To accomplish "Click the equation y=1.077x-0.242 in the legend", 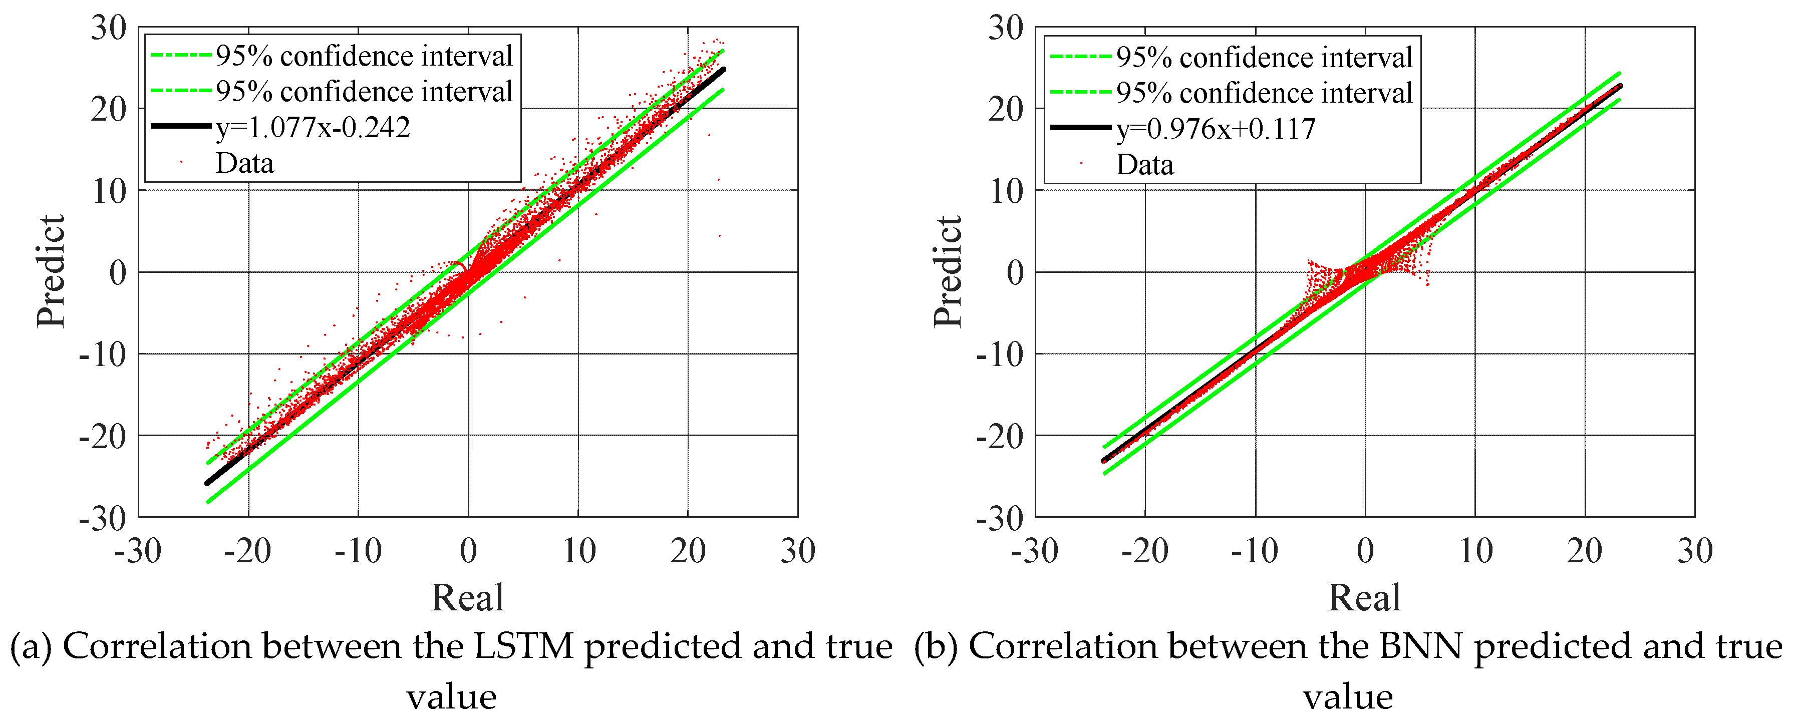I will [313, 128].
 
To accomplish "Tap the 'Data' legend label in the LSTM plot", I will [244, 163].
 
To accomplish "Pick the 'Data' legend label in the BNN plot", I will [1145, 165].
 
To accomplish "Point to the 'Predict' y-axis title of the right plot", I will [947, 271].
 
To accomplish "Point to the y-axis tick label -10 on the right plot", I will [1000, 355].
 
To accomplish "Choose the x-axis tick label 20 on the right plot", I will [1585, 551].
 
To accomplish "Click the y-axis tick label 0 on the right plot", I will [1016, 273].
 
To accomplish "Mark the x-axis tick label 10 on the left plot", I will [578, 551].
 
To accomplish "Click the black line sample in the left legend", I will [181, 126].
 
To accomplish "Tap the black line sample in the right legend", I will [1080, 128].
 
